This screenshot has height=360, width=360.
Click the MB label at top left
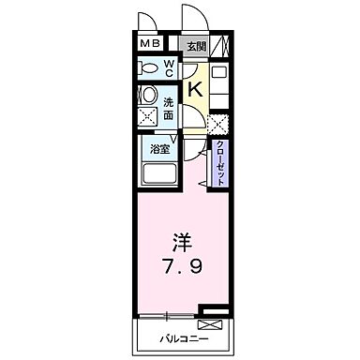point(151,44)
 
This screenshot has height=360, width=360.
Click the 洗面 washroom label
point(169,108)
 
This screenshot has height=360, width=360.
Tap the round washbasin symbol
point(147,96)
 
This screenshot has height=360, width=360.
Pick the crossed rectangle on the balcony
point(213,323)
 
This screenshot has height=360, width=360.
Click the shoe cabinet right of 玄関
point(220,44)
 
